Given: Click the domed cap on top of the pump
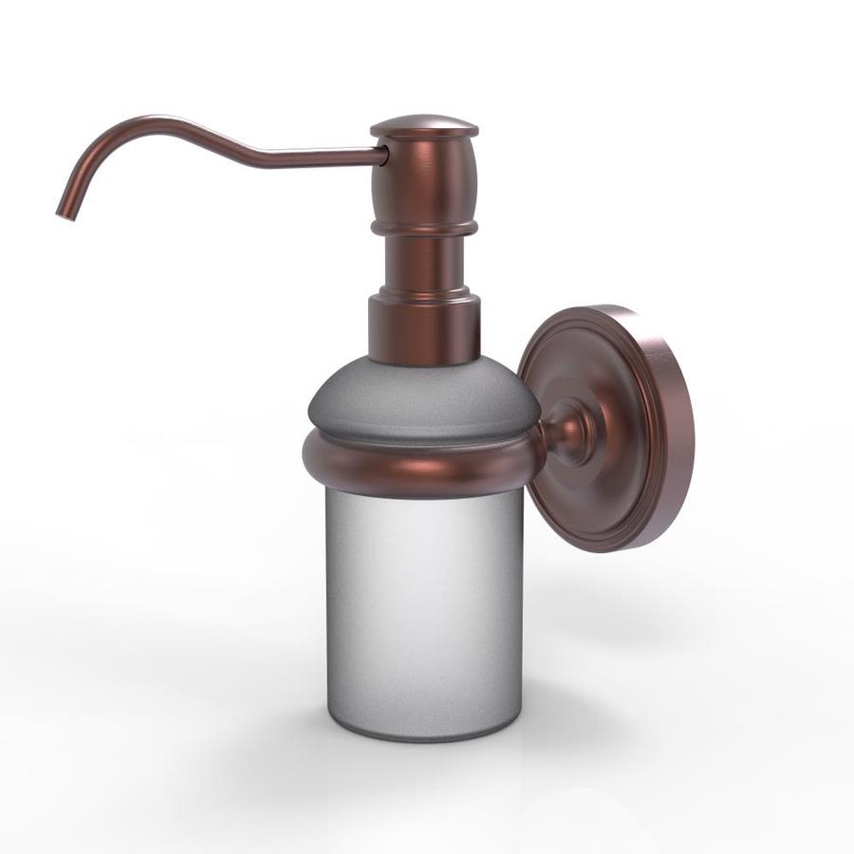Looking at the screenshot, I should pos(424,127).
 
